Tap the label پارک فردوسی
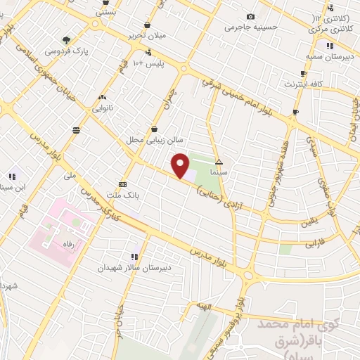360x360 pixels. [x=62, y=51]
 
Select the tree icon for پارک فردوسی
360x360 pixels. [x=67, y=40]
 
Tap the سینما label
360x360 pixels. [x=219, y=171]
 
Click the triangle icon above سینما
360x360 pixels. [x=219, y=161]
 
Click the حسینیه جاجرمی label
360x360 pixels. [x=247, y=27]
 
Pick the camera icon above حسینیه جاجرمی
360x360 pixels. [x=251, y=17]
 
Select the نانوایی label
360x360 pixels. [x=103, y=109]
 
